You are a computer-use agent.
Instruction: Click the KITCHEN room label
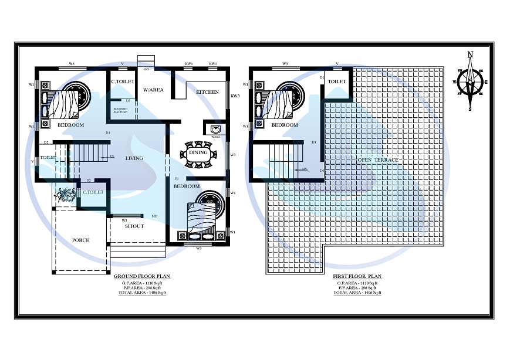point(207,92)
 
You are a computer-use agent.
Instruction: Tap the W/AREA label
point(154,90)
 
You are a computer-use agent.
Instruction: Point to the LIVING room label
point(135,158)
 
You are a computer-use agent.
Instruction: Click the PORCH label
point(81,240)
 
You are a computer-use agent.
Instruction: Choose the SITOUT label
point(134,226)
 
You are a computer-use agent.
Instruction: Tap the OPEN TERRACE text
point(379,160)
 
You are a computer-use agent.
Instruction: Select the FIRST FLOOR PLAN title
point(357,276)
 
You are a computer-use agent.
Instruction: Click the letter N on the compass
point(470,55)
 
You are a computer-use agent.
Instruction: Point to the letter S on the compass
point(470,108)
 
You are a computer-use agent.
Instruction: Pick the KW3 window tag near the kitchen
point(235,96)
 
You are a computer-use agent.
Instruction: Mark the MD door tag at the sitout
point(154,216)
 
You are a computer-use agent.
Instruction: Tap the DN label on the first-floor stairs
point(304,169)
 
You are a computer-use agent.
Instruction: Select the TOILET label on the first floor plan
point(336,82)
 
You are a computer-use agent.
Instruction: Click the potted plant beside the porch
point(65,194)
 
